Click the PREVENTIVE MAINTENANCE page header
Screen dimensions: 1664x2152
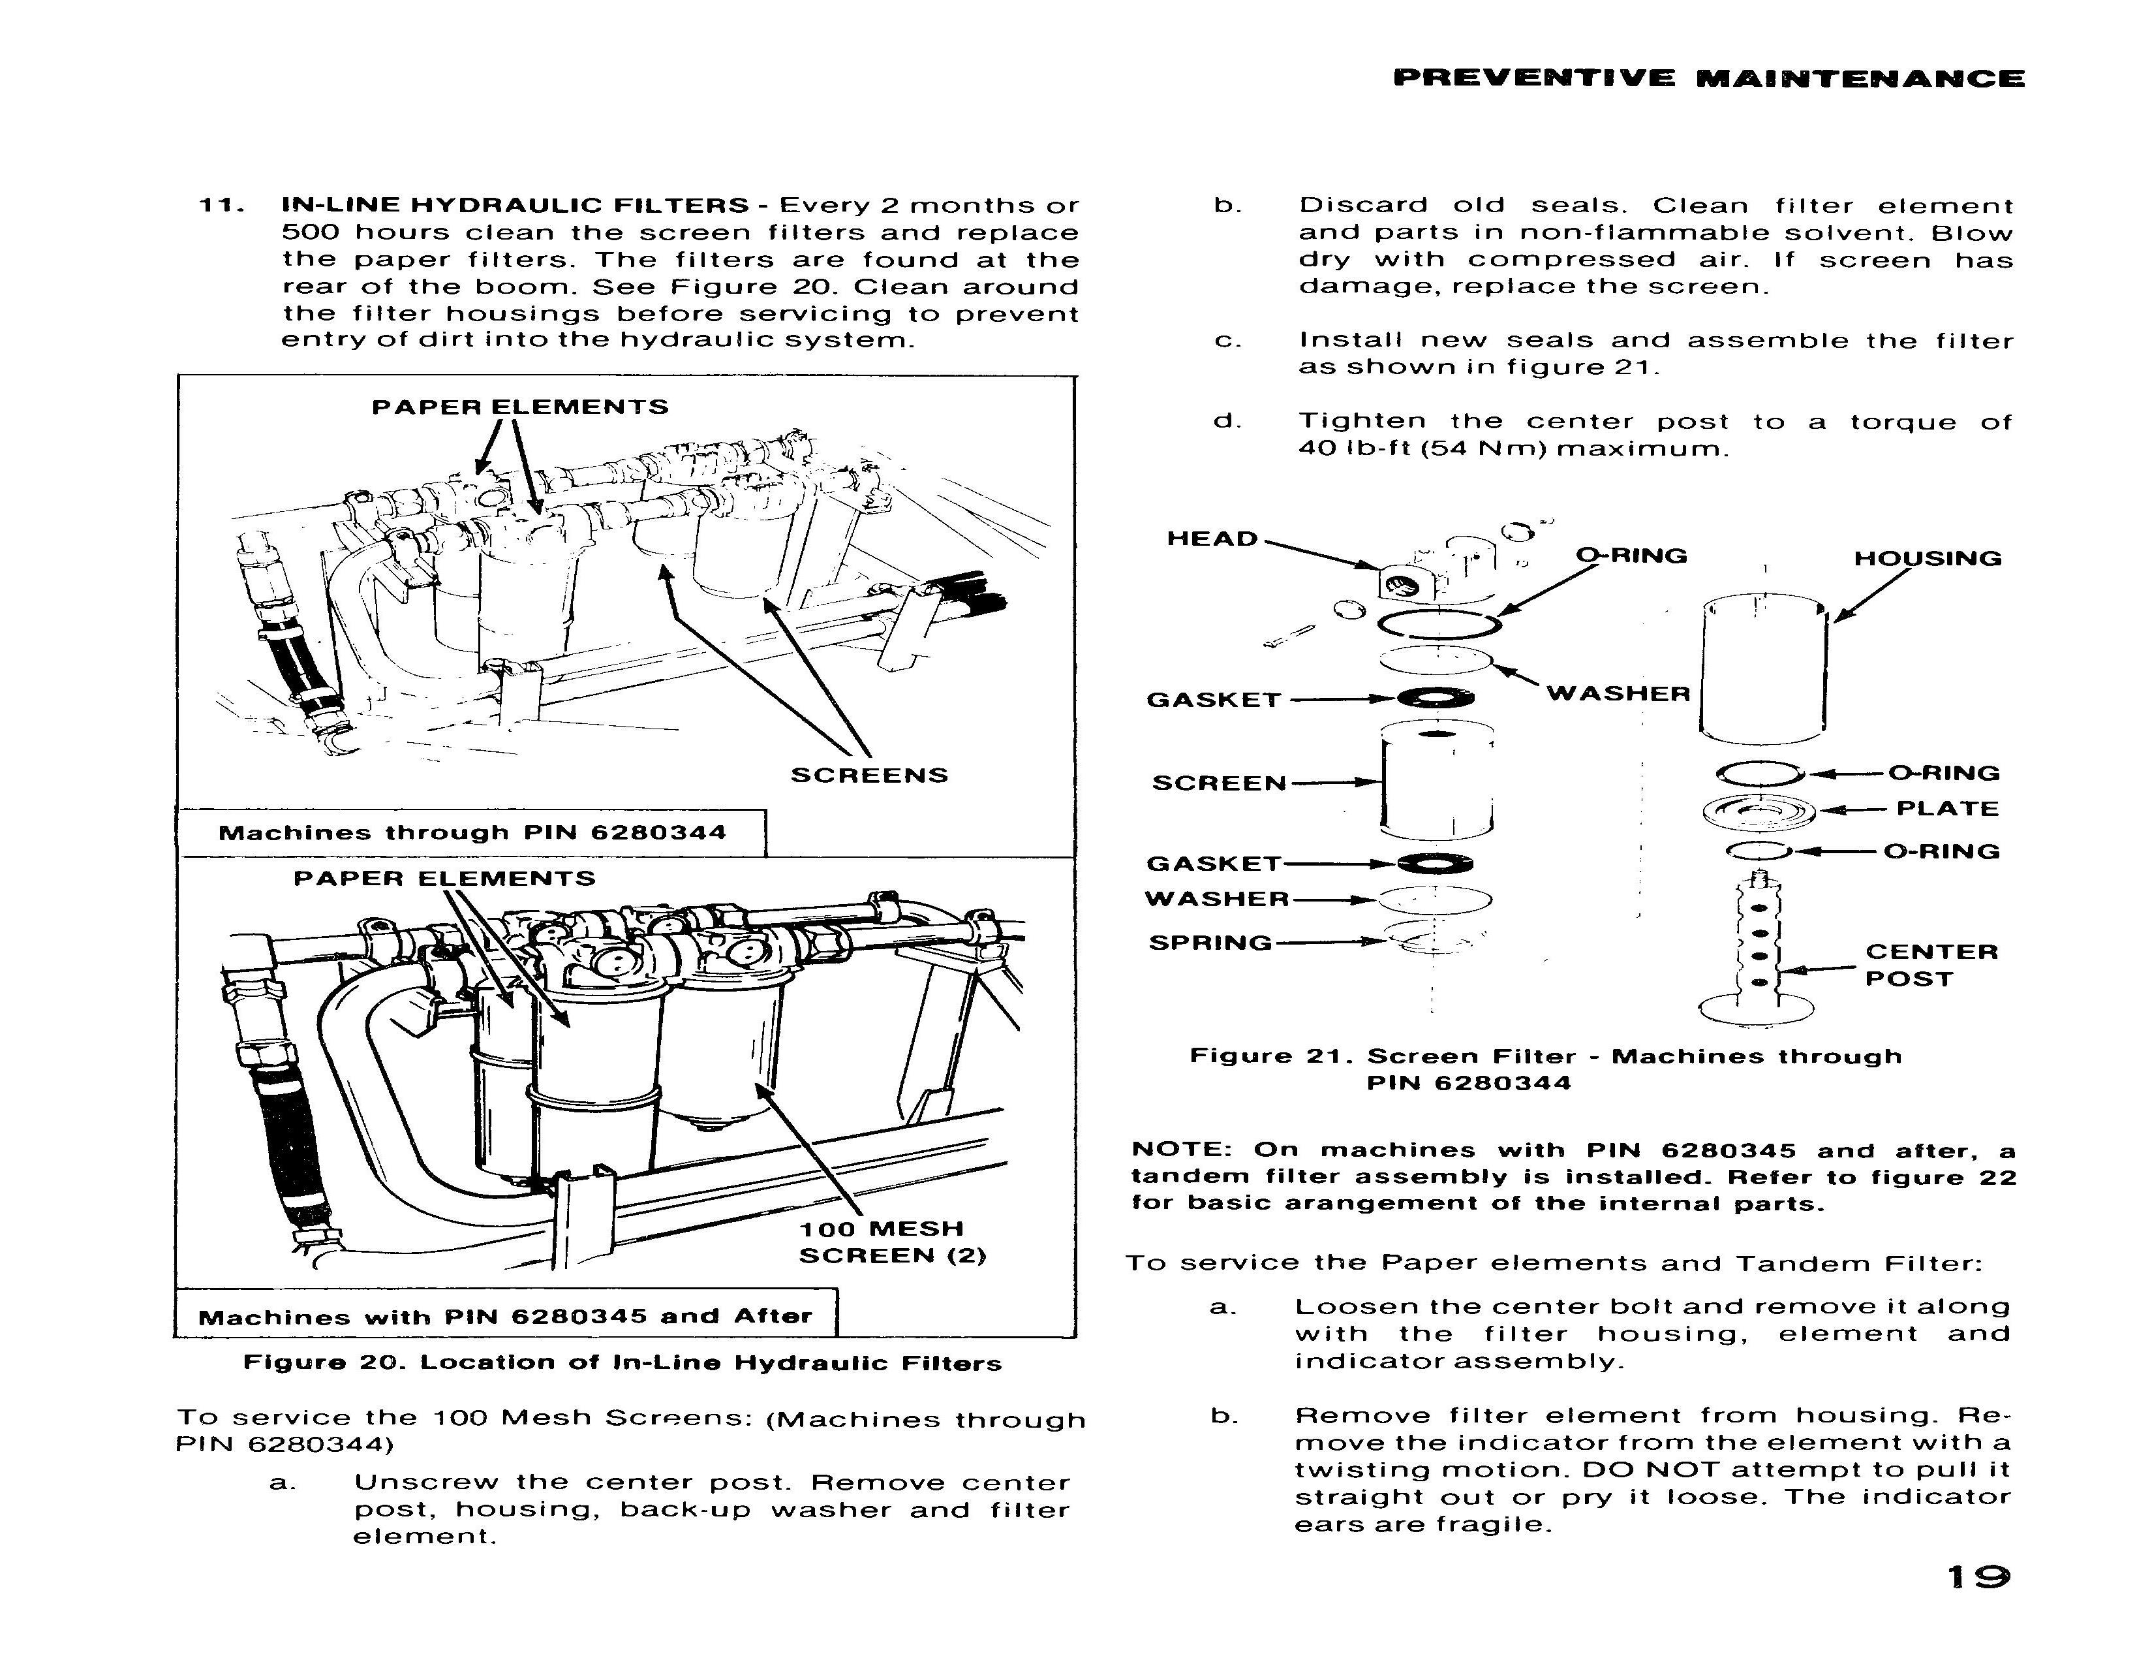(1708, 79)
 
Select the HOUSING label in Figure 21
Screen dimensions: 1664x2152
(1928, 559)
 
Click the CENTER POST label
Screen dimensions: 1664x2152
(1931, 965)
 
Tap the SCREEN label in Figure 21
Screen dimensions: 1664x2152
(1219, 783)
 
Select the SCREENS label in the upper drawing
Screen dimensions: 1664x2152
(869, 776)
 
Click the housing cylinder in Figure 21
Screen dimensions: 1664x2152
(1764, 670)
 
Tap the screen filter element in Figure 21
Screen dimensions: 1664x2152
(1437, 781)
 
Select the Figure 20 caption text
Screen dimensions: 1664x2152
(622, 1363)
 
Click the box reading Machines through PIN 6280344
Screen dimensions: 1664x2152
(472, 833)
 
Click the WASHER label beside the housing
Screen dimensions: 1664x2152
(1618, 694)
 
